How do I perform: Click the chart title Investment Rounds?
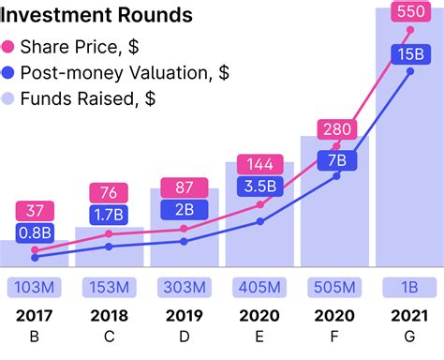click(96, 16)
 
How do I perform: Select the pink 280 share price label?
click(334, 129)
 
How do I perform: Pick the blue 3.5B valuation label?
click(260, 186)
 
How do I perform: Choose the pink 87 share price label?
click(185, 187)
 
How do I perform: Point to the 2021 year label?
click(409, 315)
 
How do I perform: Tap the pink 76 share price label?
click(110, 193)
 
